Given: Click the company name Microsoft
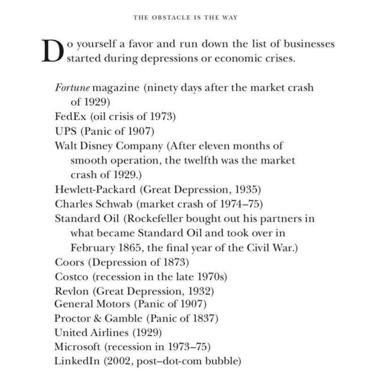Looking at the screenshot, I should tap(78, 347).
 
